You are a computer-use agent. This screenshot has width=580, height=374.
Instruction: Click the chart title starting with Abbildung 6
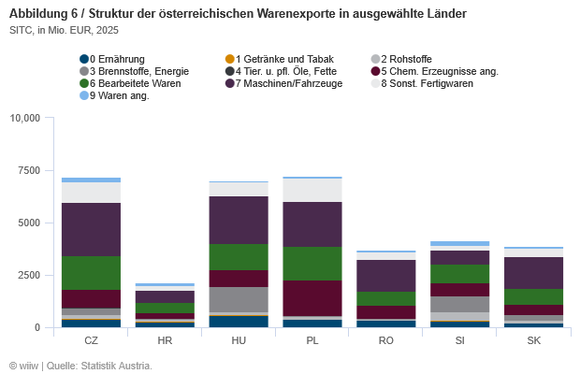tap(238, 14)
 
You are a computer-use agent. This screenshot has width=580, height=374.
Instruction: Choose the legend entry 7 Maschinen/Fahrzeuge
tap(288, 83)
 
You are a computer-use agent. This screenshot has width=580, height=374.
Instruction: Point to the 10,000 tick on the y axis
tap(24, 119)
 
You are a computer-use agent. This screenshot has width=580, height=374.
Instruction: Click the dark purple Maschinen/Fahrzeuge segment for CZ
tap(91, 229)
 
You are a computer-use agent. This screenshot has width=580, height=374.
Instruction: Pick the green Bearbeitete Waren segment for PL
tap(312, 264)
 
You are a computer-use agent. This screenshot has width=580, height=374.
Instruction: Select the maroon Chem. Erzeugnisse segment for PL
tap(312, 297)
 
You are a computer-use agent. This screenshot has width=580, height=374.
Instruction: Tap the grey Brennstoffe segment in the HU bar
tap(239, 299)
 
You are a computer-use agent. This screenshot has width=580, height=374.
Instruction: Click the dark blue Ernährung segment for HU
tap(239, 322)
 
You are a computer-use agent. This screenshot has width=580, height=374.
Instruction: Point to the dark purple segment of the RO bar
tap(386, 276)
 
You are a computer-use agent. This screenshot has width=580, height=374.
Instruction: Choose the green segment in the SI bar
tap(459, 274)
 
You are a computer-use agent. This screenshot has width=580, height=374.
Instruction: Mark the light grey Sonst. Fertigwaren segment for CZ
tap(91, 193)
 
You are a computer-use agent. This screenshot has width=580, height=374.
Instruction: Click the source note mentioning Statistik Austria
tap(80, 365)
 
